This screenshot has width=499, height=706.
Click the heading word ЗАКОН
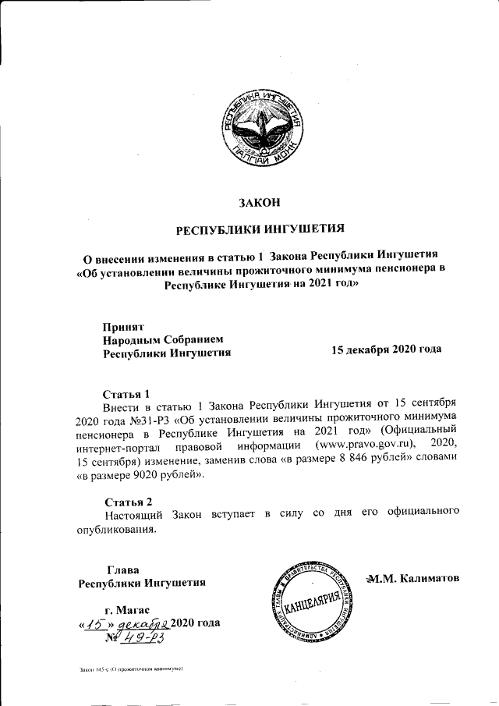click(x=258, y=203)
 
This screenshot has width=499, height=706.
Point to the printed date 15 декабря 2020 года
click(x=387, y=349)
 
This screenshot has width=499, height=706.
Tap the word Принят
click(x=123, y=325)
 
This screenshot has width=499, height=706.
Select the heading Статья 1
click(x=126, y=392)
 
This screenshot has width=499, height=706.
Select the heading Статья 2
click(x=129, y=500)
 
